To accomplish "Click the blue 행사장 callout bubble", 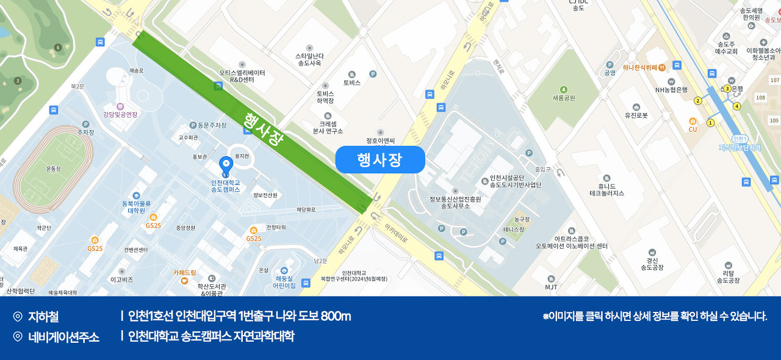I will tap(380, 160).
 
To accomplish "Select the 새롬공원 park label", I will tap(564, 98).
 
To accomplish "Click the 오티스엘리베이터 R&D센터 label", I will tap(242, 76).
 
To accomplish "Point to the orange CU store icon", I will tap(693, 121).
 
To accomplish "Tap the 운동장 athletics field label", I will tap(54, 168).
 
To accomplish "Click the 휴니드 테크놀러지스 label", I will tap(606, 189).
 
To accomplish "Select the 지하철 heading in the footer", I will tap(43, 317).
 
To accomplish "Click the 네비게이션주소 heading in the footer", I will tap(63, 337).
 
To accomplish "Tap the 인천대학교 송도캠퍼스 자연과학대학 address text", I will tap(211, 336).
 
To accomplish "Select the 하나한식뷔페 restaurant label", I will tap(639, 67).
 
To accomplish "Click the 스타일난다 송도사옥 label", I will tap(309, 59).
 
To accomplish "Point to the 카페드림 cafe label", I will tap(185, 272).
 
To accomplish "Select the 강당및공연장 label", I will tap(120, 114).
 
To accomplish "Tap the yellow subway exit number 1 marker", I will tap(710, 123).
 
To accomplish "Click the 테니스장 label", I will tap(514, 229).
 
